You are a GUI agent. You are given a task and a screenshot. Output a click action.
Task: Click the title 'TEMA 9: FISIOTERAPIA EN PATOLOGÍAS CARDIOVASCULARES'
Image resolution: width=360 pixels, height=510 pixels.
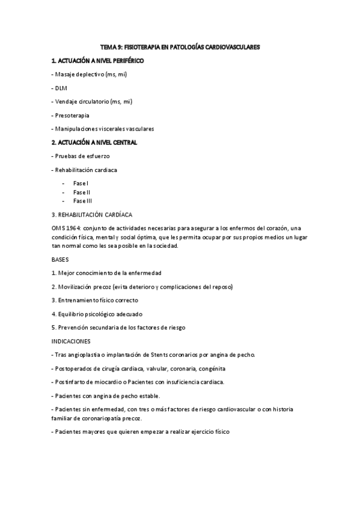[180, 46]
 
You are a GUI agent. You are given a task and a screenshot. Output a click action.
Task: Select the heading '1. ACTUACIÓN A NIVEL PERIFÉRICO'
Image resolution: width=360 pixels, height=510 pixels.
[97, 61]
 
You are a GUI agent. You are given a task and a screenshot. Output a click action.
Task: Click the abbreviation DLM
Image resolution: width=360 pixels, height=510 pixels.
[61, 88]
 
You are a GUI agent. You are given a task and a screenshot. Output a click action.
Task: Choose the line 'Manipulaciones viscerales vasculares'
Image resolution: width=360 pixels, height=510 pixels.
[104, 129]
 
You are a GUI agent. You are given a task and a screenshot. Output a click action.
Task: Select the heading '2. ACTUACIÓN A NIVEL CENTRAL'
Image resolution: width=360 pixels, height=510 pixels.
[94, 143]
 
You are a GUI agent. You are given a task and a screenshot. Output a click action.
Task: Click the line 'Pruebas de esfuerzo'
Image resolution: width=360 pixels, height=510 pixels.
[82, 156]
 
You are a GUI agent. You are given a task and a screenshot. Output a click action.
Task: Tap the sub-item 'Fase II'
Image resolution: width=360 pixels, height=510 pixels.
[82, 192]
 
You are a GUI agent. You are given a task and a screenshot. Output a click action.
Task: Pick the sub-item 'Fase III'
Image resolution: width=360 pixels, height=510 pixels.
[82, 200]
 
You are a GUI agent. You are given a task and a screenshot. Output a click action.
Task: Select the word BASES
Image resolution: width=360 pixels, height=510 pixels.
[61, 259]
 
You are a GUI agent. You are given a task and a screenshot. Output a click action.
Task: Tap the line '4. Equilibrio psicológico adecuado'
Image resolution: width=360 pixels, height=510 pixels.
[100, 314]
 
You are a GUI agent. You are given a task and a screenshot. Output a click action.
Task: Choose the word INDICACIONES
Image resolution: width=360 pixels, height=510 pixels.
[71, 341]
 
